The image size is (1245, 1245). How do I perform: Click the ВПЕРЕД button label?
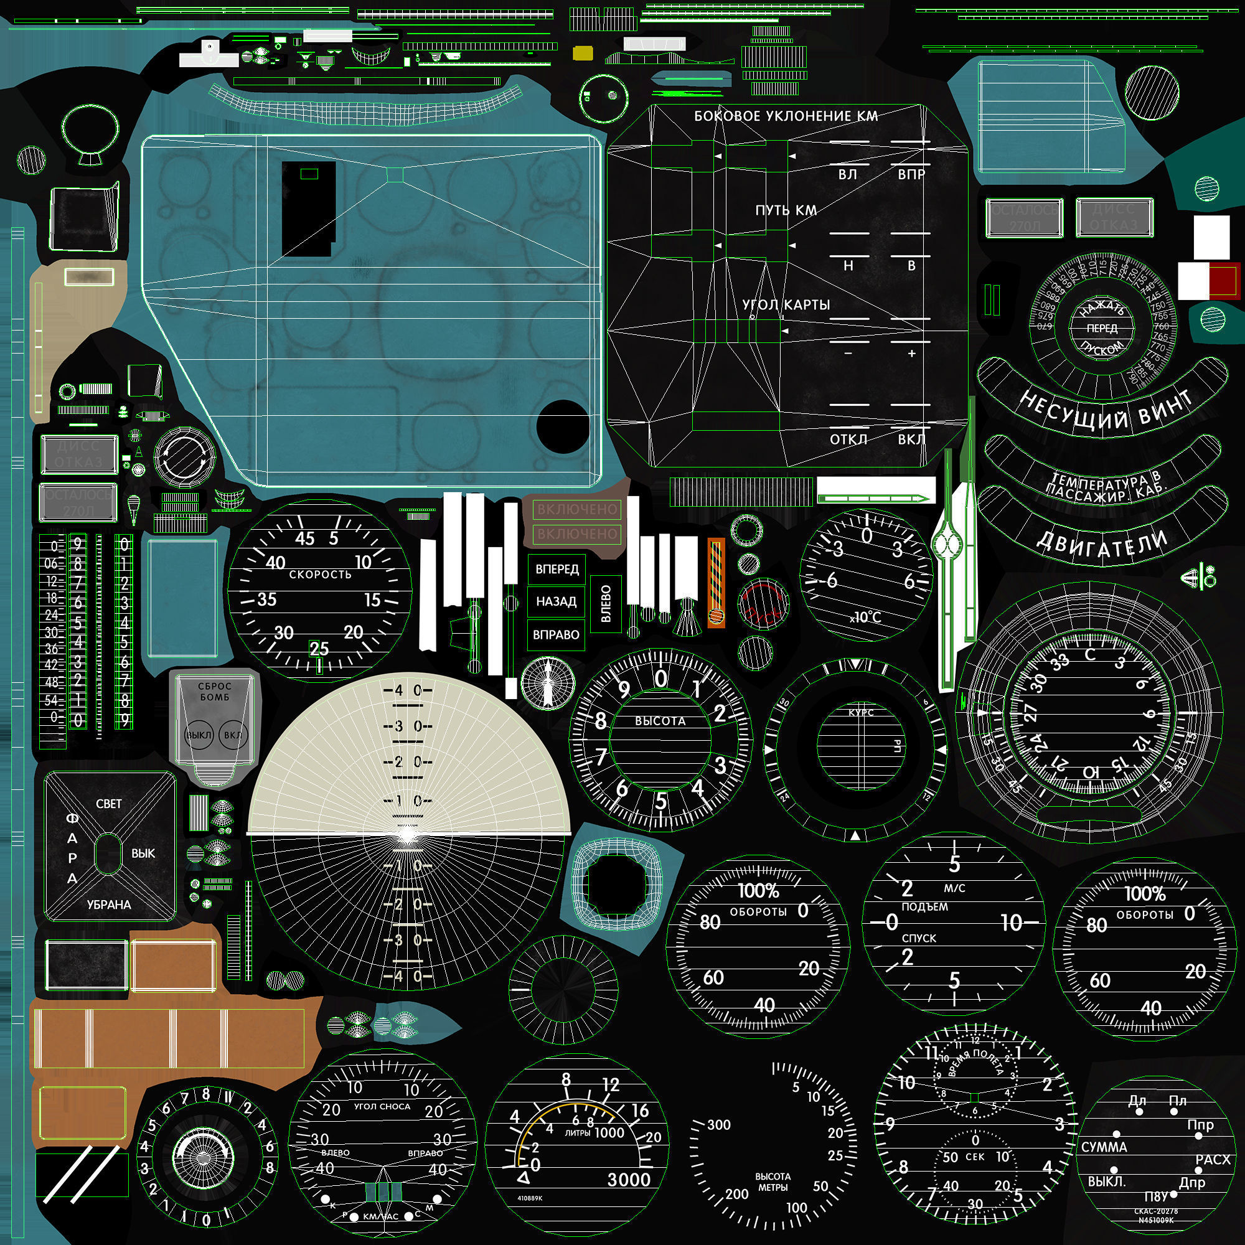coord(557,569)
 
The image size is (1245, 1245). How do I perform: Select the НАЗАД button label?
coord(556,601)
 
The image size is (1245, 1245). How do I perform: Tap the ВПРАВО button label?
coord(556,634)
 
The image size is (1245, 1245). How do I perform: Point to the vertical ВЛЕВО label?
coord(606,603)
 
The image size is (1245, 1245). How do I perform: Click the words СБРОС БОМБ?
coord(215,692)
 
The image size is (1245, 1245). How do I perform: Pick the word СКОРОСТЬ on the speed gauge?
coord(320,574)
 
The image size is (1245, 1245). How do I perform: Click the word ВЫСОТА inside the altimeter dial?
coord(660,721)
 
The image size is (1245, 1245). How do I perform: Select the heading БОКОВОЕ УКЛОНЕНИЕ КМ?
coord(786,116)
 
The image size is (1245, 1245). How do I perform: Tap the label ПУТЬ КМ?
coord(786,210)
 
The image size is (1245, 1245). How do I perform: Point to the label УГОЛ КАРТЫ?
coord(786,304)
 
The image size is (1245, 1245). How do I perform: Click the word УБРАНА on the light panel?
coord(109,904)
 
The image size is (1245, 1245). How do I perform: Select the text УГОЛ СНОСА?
coord(382,1106)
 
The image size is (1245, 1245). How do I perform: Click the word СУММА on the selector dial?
coord(1104,1147)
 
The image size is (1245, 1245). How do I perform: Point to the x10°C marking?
coord(865,618)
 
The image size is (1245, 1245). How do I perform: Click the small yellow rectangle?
coord(584,54)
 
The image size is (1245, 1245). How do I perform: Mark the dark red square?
coord(1224,280)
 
